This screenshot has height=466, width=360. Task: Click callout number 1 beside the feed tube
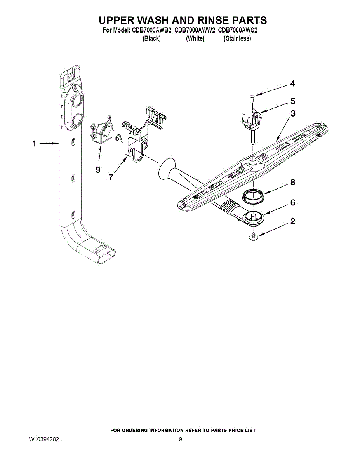(34, 144)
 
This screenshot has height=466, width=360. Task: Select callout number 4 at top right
(292, 83)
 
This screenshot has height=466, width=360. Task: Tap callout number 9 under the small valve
(98, 170)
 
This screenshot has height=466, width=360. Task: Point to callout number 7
(111, 177)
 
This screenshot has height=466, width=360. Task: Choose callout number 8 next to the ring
(293, 182)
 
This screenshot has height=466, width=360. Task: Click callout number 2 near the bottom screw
(293, 222)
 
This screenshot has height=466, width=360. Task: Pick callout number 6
(293, 202)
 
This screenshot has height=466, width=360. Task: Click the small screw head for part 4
(251, 95)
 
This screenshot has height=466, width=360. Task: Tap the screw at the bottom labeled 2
(253, 236)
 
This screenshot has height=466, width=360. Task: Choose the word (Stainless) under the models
(237, 38)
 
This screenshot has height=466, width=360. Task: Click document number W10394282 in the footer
(44, 440)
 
